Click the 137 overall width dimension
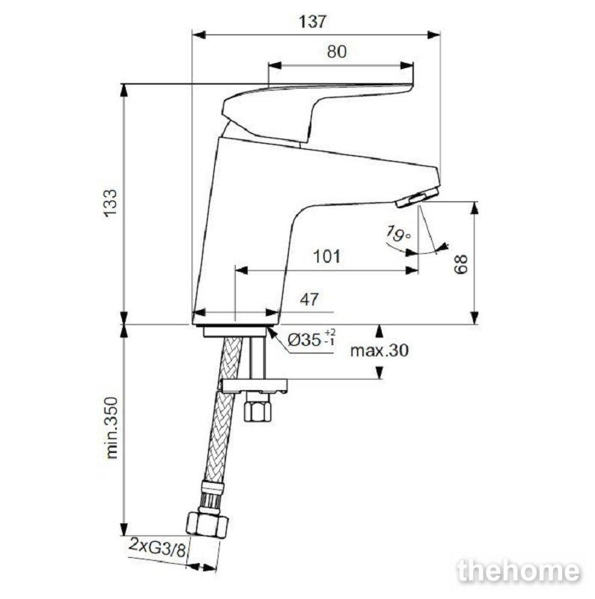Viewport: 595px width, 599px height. click(x=313, y=22)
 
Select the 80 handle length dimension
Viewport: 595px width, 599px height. click(x=337, y=52)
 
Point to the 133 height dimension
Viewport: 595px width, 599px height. click(x=112, y=203)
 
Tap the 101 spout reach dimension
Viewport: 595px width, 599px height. click(x=326, y=256)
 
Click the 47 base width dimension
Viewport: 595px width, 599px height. click(x=309, y=299)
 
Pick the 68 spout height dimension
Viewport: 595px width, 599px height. click(x=461, y=264)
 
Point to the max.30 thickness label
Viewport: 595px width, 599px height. click(x=379, y=350)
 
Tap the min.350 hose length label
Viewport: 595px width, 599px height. click(x=112, y=428)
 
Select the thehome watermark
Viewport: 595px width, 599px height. click(x=519, y=572)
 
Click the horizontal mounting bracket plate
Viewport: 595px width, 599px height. click(x=254, y=386)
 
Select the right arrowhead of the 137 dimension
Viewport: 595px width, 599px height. click(x=434, y=34)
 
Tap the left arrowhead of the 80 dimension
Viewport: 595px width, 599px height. click(x=275, y=65)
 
